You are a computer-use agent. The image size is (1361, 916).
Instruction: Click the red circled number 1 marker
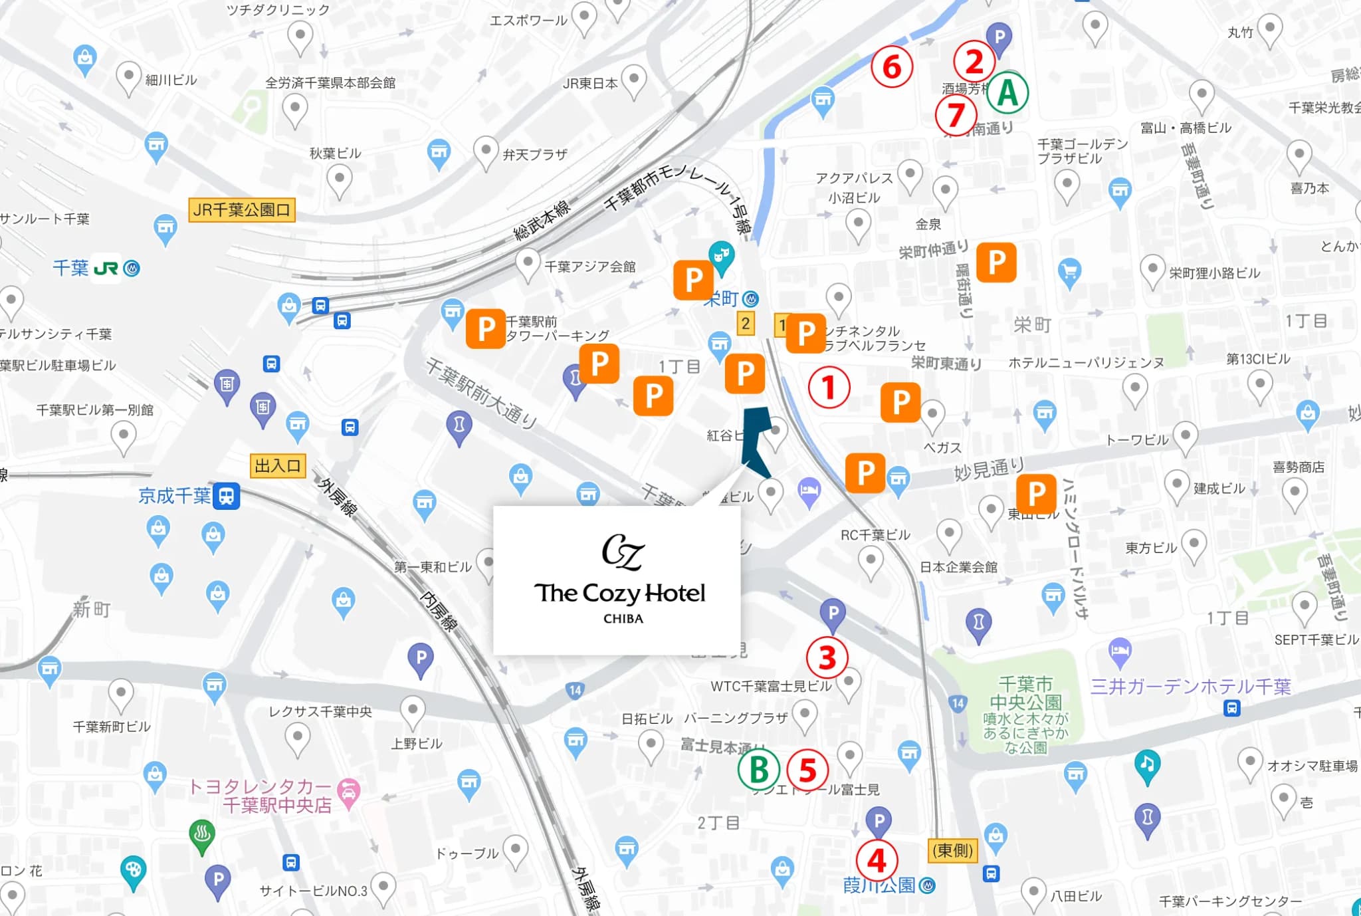pyautogui.click(x=829, y=388)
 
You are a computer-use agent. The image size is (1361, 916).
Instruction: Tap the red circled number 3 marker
pyautogui.click(x=827, y=658)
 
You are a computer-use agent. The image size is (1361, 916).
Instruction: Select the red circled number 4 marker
pyautogui.click(x=877, y=861)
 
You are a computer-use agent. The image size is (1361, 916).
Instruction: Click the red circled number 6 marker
pyautogui.click(x=892, y=67)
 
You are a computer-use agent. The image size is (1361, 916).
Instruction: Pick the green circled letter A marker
pyautogui.click(x=1007, y=92)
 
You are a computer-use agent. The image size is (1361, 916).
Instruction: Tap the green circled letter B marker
pyautogui.click(x=758, y=770)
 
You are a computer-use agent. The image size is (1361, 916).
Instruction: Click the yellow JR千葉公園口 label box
pyautogui.click(x=242, y=210)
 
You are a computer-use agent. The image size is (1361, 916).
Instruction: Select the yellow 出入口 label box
pyautogui.click(x=278, y=465)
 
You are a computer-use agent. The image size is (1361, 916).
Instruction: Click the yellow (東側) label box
pyautogui.click(x=952, y=850)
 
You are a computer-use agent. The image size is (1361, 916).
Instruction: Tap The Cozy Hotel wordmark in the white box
pyautogui.click(x=619, y=592)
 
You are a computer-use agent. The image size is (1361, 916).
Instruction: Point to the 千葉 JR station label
pyautogui.click(x=95, y=268)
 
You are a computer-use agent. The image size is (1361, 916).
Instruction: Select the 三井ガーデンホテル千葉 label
pyautogui.click(x=1190, y=686)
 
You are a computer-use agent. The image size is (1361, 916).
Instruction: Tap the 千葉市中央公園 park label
pyautogui.click(x=1025, y=693)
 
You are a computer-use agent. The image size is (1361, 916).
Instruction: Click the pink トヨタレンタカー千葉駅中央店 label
pyautogui.click(x=272, y=796)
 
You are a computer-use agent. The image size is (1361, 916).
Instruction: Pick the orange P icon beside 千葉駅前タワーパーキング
pyautogui.click(x=486, y=329)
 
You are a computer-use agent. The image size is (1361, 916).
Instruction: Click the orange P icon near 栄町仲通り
pyautogui.click(x=995, y=263)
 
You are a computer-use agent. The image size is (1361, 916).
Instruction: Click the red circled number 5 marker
pyautogui.click(x=807, y=770)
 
